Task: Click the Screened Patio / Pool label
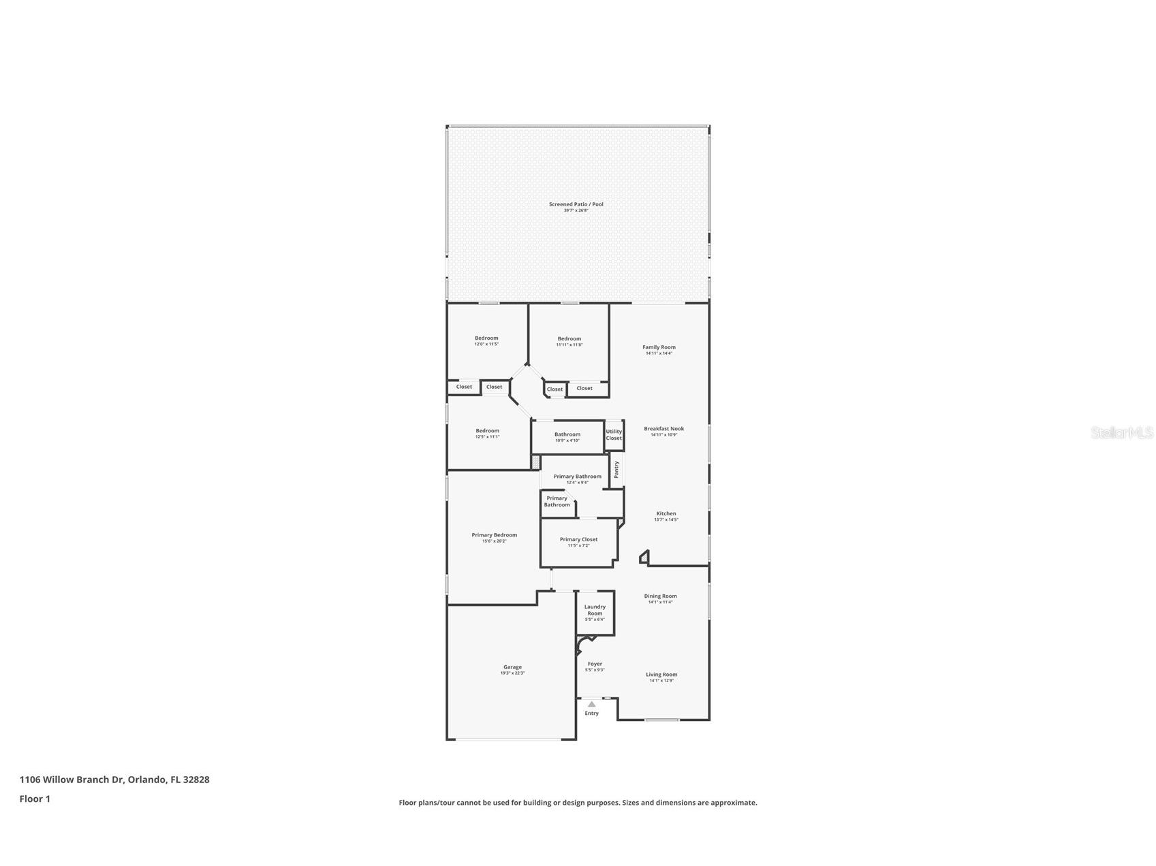tap(576, 204)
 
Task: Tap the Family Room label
tap(659, 347)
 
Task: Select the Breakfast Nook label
tap(663, 429)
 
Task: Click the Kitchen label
tap(666, 514)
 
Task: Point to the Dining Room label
tap(660, 596)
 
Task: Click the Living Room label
tap(661, 675)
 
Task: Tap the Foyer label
tap(595, 664)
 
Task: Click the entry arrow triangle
tap(591, 704)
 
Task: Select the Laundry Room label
tap(595, 610)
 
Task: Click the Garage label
tap(512, 667)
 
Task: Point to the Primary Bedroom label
tap(494, 535)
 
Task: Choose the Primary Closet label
tap(578, 540)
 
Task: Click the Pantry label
tap(616, 470)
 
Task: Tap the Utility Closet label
tap(614, 434)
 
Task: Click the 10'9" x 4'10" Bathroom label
tap(567, 434)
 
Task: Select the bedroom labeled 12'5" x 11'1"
tap(487, 431)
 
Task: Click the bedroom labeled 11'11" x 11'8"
tap(569, 339)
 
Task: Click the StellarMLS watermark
tap(1121, 432)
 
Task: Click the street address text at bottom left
tap(114, 780)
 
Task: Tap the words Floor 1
tap(35, 799)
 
